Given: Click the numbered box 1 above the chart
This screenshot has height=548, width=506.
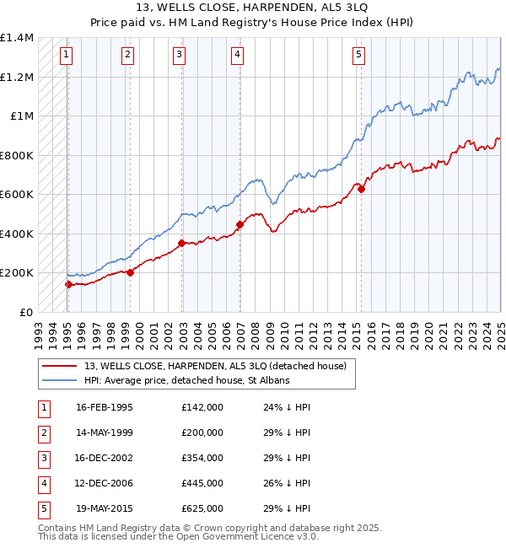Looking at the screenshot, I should coord(66,56).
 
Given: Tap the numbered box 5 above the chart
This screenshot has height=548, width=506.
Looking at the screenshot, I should coord(358,56).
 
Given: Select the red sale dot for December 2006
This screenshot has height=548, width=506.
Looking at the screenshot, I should coord(240,224).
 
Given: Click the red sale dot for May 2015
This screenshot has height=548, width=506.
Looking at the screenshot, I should coord(361,189).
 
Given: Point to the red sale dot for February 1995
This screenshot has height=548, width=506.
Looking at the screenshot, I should coord(68,284).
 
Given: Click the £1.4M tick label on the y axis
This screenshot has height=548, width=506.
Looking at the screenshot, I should coord(17,38).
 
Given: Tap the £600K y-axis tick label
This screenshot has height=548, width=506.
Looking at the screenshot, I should coord(17,195).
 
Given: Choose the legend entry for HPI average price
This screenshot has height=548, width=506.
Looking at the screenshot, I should coord(186,381).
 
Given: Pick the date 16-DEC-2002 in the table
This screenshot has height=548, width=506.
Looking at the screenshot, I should coord(105,458).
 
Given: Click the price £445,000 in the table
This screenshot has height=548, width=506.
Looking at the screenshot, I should coord(202,483).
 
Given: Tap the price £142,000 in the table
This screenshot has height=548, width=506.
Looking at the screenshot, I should coord(202,407).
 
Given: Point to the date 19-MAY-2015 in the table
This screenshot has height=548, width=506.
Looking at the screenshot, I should coord(105,508).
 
